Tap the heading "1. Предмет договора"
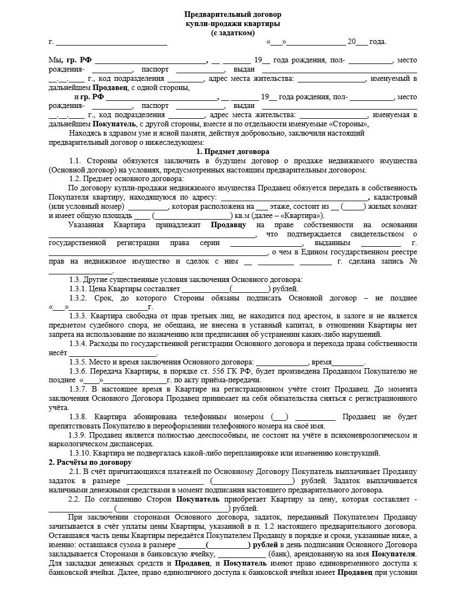(233, 151)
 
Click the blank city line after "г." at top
(112, 42)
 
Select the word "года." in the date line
(378, 42)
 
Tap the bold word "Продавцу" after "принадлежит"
(228, 225)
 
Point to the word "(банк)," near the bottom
(282, 554)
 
